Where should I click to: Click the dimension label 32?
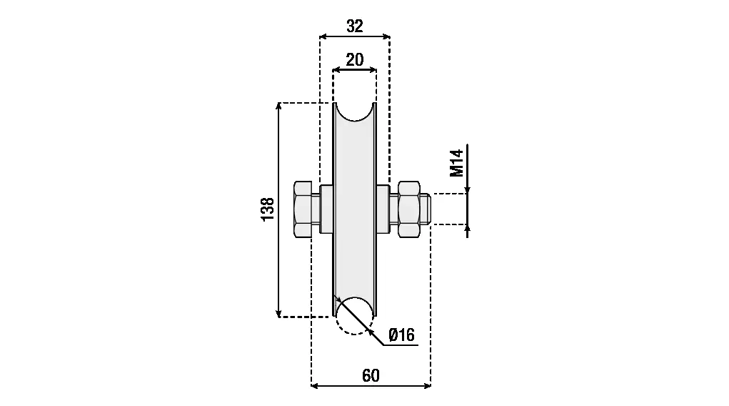tap(354, 26)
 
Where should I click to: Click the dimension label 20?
tap(354, 60)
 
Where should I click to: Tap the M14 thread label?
tap(457, 162)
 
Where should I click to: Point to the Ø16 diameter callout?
tap(401, 335)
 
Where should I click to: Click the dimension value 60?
tap(371, 375)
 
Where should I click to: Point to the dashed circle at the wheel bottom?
tap(354, 315)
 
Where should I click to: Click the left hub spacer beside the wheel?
tap(326, 209)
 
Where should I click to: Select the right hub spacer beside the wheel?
tap(382, 209)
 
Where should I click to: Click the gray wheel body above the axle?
tap(354, 154)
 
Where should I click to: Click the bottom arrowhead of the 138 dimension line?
tap(279, 312)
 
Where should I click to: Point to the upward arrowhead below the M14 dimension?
tap(468, 228)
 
